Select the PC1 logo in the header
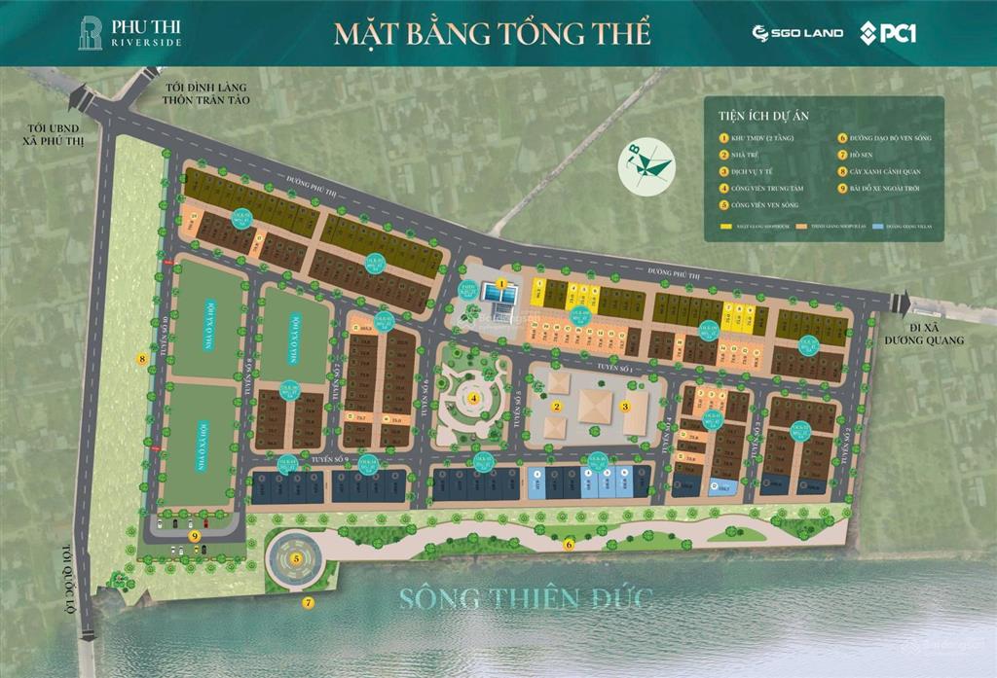[888, 33]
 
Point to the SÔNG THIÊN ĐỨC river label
[524, 596]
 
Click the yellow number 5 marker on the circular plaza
[296, 558]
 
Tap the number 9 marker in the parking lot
[195, 534]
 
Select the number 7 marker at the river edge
[309, 602]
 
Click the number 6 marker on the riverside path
[569, 544]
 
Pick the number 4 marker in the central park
[473, 397]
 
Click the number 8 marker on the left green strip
[142, 359]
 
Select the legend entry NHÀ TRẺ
[746, 154]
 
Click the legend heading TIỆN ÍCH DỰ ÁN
[765, 115]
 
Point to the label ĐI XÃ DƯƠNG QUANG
[931, 333]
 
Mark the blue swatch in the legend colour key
[880, 227]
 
